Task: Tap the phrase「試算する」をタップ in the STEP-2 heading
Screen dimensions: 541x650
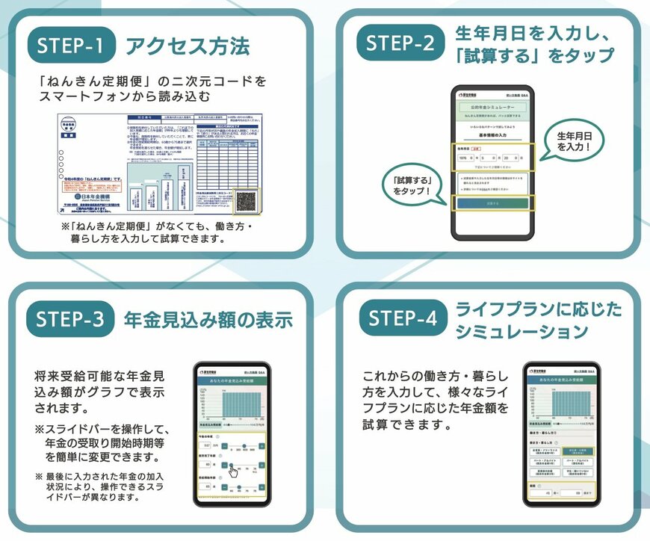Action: click(x=534, y=55)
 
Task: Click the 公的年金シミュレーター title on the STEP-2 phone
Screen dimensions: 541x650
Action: click(x=492, y=108)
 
